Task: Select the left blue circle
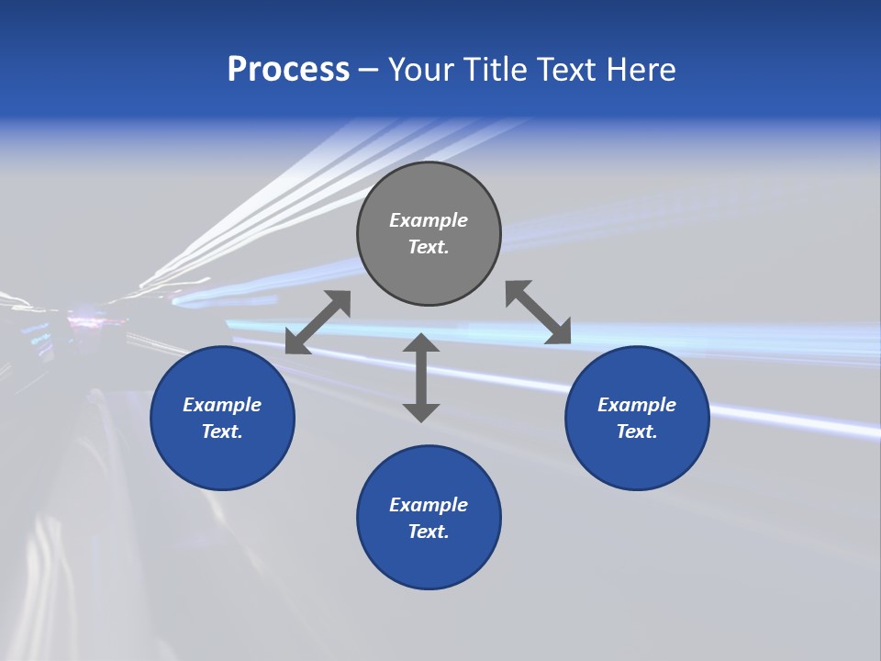click(x=222, y=459)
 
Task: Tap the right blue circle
click(x=637, y=459)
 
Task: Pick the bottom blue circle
click(x=429, y=560)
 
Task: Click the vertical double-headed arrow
click(x=421, y=378)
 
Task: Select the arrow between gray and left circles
click(x=318, y=322)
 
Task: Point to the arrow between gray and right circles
click(x=539, y=312)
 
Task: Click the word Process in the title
click(x=288, y=70)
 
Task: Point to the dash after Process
click(x=369, y=71)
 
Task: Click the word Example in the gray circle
click(x=429, y=220)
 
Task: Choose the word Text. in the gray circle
click(x=429, y=247)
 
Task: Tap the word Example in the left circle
click(x=222, y=405)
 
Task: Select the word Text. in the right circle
click(x=637, y=431)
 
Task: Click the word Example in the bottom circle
click(x=429, y=505)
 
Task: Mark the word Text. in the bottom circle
click(x=429, y=532)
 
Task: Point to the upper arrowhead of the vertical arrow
click(x=421, y=342)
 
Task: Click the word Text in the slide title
click(x=566, y=70)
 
